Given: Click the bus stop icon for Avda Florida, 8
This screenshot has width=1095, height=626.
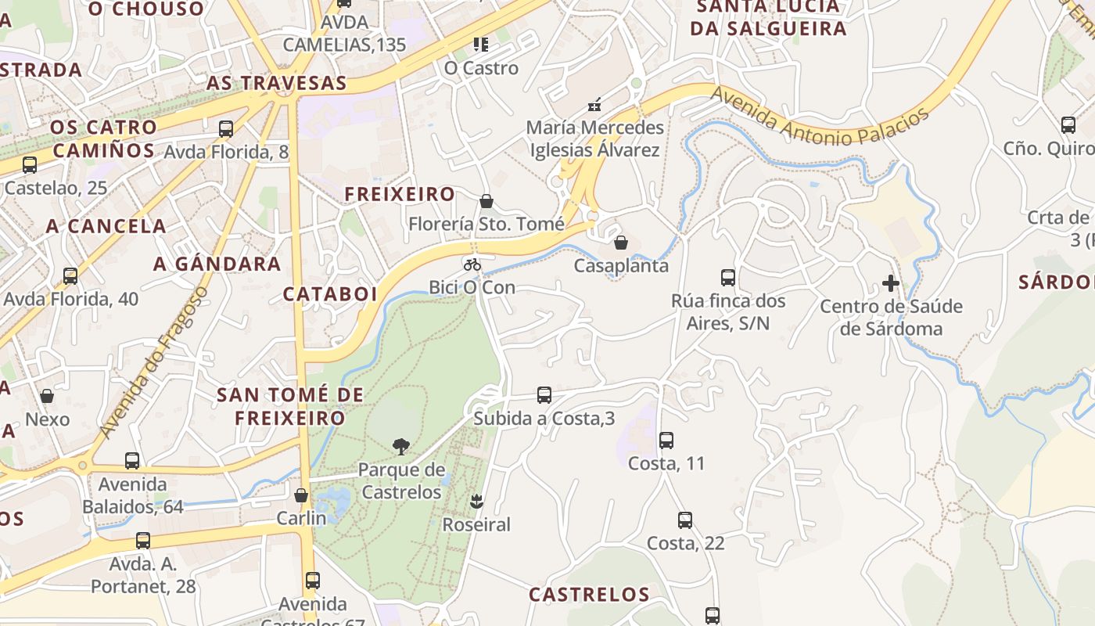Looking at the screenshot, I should point(226,129).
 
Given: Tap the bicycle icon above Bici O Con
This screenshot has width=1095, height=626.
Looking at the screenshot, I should point(472,264).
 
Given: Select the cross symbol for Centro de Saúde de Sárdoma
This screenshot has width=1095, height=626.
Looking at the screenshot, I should point(890,283).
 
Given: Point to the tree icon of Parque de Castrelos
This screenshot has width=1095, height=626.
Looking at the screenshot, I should point(400,447).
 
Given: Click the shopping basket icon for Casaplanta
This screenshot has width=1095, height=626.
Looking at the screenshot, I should point(621,243).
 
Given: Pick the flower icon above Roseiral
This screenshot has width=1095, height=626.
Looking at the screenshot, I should point(476,501).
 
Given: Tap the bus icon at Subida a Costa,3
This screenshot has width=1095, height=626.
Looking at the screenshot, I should point(544,395).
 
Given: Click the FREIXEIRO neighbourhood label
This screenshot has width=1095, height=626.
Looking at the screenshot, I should point(400,194).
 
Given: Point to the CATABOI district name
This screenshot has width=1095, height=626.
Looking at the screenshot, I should point(329,294).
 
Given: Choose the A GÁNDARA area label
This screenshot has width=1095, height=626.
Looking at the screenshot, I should point(217,264).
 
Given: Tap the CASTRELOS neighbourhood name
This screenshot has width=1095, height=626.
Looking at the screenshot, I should point(589,595).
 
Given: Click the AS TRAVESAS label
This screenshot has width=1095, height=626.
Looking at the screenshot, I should point(276,83).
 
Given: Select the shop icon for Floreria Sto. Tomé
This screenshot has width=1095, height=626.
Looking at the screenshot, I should point(486,201).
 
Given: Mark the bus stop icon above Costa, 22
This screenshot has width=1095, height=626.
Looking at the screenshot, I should point(685,520).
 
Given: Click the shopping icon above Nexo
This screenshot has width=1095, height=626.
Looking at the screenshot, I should point(47,396).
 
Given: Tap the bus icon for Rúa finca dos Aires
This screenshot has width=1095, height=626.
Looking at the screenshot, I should point(727,277).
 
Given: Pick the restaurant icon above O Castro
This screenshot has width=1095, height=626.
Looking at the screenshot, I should point(480,45).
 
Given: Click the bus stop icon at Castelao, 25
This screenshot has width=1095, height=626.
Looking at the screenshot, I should point(30,165).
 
